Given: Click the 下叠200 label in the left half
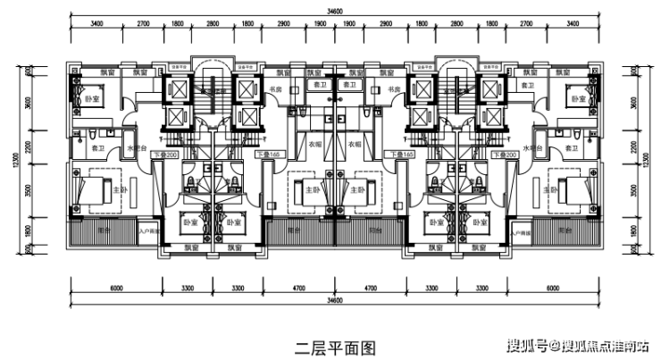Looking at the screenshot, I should pyautogui.click(x=166, y=155).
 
